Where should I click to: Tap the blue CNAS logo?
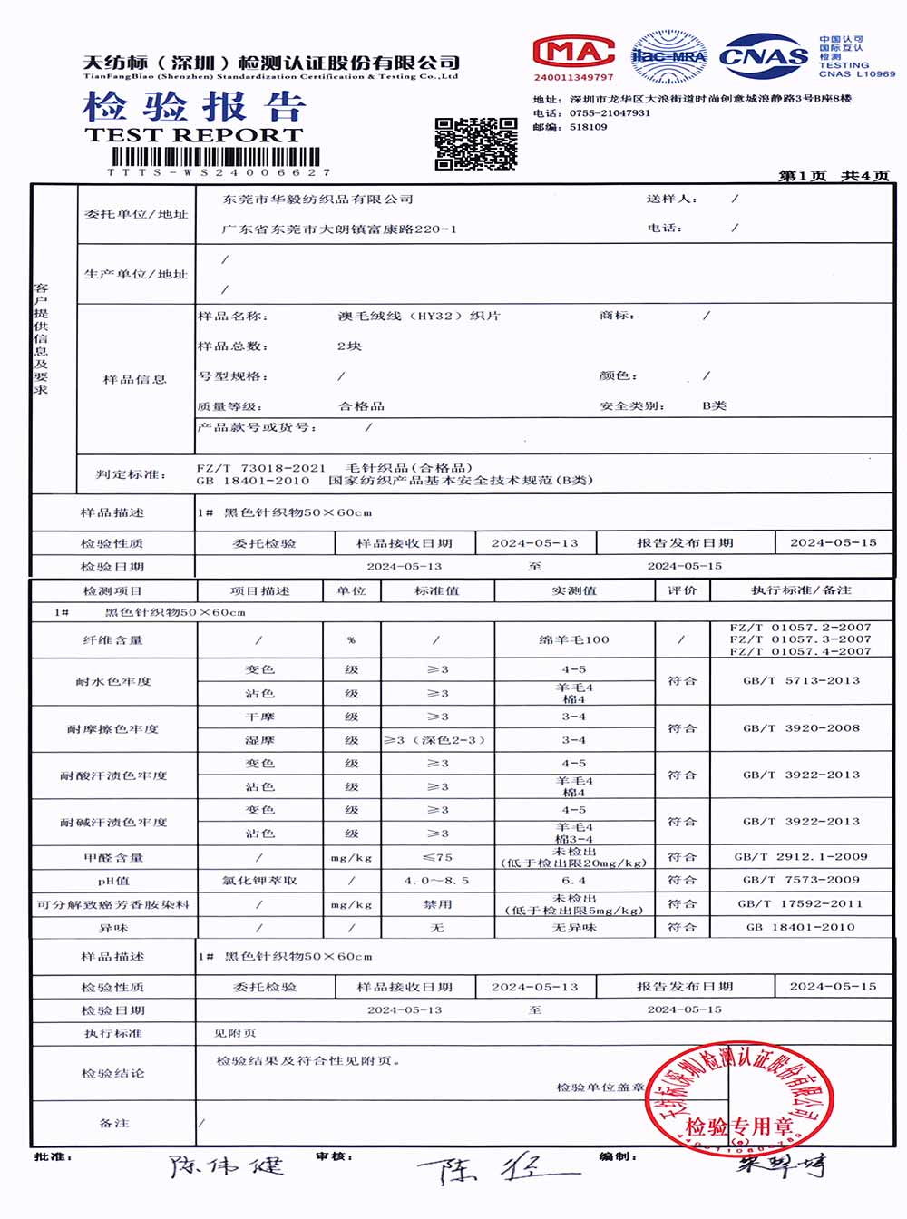pos(764,56)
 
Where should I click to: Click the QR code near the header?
pos(475,143)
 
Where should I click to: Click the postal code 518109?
pos(589,128)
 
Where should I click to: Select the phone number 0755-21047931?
pos(610,113)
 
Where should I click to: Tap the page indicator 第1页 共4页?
pos(834,175)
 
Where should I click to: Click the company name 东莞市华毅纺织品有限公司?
pos(318,199)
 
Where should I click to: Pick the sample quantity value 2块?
pos(349,346)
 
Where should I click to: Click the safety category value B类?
pos(714,405)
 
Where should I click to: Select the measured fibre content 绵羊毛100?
pos(574,639)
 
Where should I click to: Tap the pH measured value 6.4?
pos(574,880)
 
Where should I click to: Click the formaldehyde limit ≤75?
pos(437,857)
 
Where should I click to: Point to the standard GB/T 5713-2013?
pos(801,680)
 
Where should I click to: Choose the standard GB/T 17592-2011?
pos(801,903)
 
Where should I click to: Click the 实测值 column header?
pos(574,590)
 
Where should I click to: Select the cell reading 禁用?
pos(437,904)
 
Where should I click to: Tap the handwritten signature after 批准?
pos(227,1165)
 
